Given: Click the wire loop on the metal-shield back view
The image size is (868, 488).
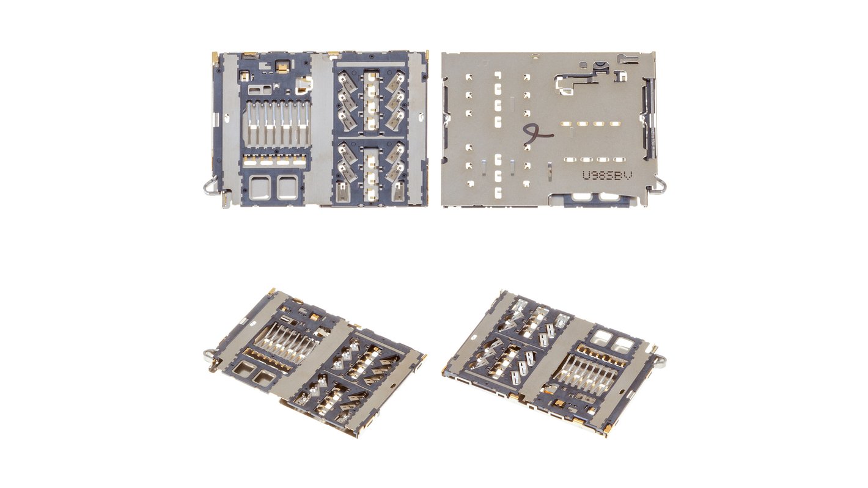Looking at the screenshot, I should point(661,183).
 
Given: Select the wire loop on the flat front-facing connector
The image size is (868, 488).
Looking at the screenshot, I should point(210,185).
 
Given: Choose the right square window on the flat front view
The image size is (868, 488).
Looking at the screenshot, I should point(287,187).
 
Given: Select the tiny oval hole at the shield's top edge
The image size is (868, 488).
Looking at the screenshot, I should point(535,57).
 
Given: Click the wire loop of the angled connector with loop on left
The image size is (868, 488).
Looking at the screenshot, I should point(208,354).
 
